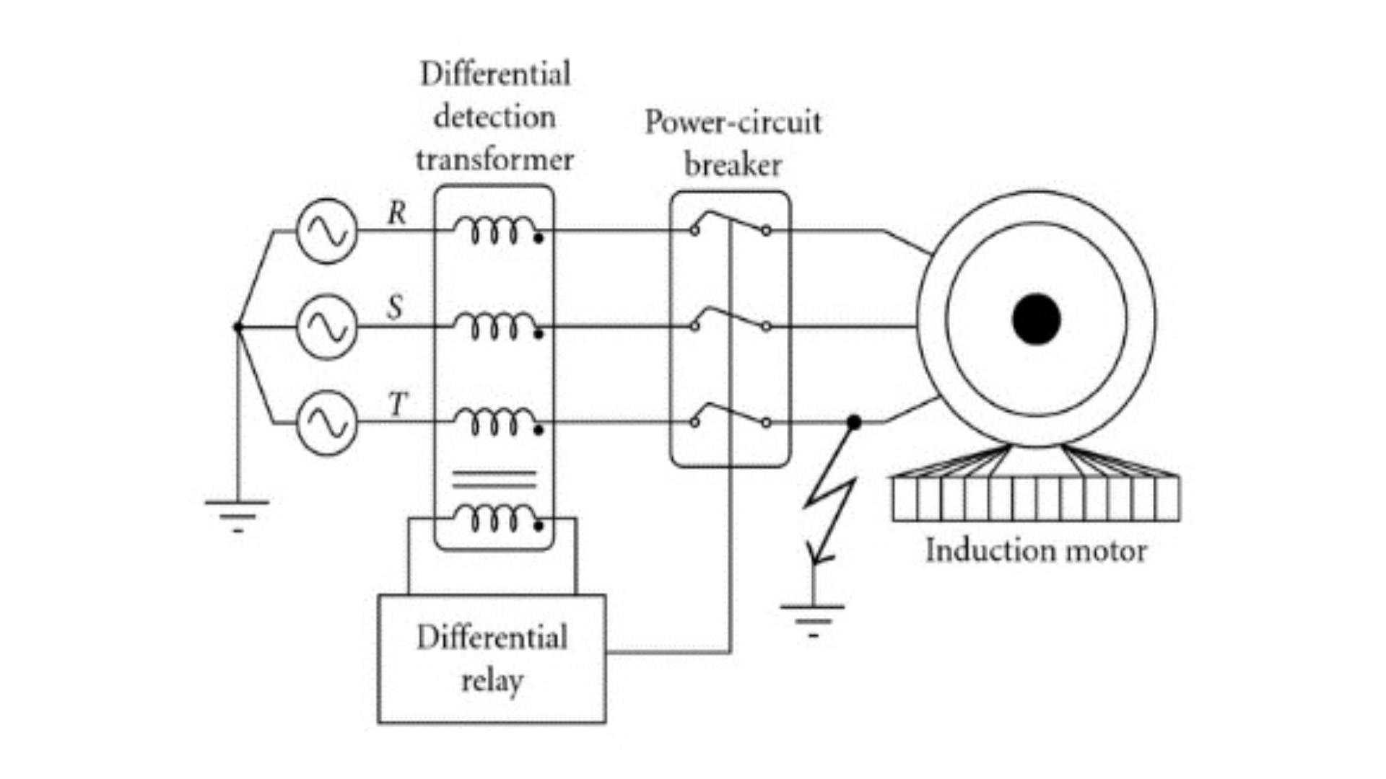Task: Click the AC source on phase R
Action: (x=327, y=231)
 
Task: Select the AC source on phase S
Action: (x=327, y=327)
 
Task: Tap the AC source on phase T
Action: (x=327, y=423)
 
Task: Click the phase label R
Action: (x=397, y=213)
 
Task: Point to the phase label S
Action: (x=395, y=307)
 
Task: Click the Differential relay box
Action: (x=492, y=658)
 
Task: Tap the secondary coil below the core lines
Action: (x=494, y=517)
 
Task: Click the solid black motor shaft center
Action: (x=1036, y=319)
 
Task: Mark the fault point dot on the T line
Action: (x=854, y=422)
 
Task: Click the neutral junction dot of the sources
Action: (x=237, y=327)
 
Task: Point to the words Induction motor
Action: (x=1036, y=551)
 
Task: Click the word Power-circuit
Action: (x=733, y=122)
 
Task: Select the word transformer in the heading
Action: (x=494, y=159)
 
